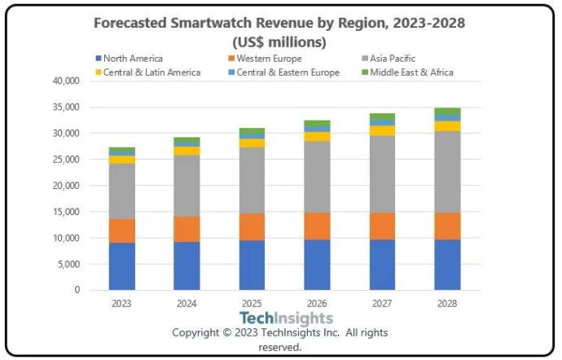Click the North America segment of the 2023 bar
122,266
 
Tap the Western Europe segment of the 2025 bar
252,226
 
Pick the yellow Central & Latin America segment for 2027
382,130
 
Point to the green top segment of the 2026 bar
317,124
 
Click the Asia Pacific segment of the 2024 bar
187,185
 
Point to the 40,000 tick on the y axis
65,81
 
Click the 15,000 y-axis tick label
65,212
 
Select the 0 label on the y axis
78,290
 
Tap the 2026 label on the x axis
317,304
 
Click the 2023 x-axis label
122,304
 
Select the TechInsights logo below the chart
279,318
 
